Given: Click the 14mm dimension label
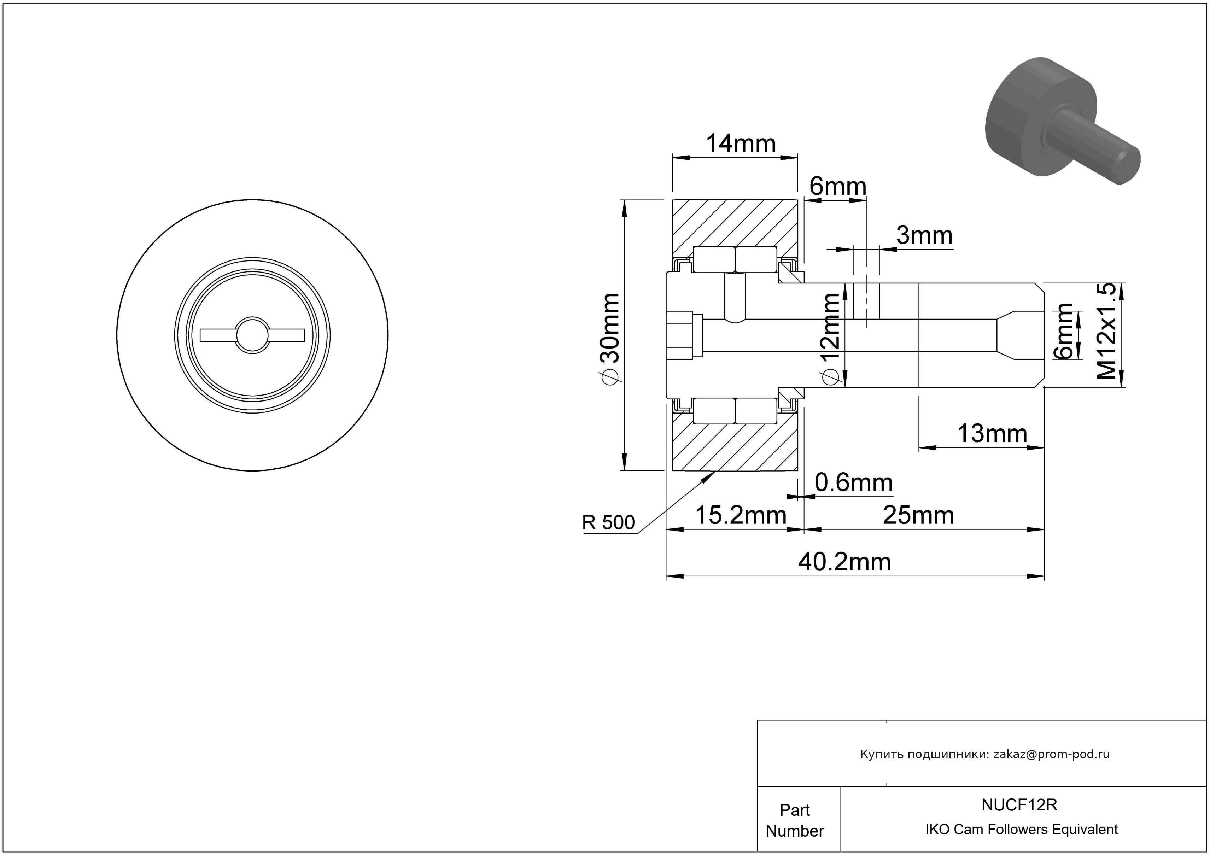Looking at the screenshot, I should click(x=741, y=144).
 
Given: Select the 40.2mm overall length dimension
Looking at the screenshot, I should click(x=844, y=562).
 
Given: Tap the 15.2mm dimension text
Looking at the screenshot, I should click(x=741, y=516).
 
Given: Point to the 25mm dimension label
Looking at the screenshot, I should click(x=918, y=516).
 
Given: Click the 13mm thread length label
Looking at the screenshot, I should click(x=992, y=434).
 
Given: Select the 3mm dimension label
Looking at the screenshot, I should click(x=924, y=235).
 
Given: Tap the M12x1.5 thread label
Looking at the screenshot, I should click(x=1107, y=331).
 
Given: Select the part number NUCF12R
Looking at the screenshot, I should click(x=1019, y=805).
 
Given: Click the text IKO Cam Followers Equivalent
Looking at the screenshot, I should click(x=1021, y=830).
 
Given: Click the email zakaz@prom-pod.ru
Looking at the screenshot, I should click(x=1051, y=754).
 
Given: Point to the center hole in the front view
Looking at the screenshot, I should click(x=252, y=335).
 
